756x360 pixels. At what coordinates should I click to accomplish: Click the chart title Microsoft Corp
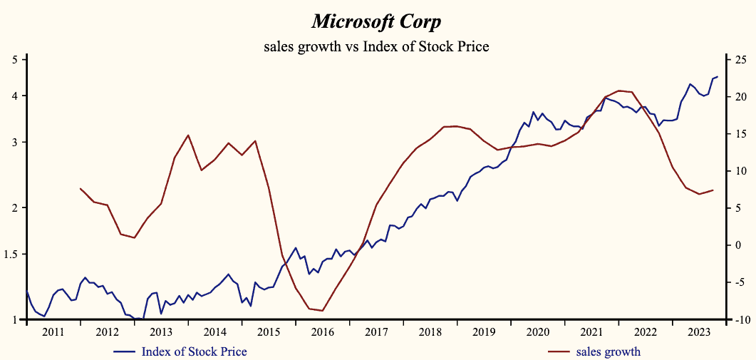377,21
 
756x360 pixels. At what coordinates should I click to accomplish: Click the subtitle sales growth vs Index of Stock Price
377,47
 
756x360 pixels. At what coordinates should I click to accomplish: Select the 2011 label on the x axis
53,332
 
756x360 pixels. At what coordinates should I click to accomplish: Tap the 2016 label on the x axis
322,332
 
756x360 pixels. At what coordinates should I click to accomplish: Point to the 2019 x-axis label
484,332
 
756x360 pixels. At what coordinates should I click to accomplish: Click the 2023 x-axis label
699,332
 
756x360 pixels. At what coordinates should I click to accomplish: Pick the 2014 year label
214,332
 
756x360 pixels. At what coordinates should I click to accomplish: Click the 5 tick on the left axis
14,60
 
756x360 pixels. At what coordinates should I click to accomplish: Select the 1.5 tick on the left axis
11,254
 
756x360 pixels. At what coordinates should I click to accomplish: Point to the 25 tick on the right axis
740,60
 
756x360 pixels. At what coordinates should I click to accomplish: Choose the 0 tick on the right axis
737,245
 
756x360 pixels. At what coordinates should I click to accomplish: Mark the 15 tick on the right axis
740,134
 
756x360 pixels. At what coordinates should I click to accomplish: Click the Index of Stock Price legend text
194,351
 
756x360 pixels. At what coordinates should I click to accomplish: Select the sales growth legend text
608,351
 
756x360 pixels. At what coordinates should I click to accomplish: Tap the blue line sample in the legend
125,351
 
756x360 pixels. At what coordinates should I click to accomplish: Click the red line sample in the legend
559,351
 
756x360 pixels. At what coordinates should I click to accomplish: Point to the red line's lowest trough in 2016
322,311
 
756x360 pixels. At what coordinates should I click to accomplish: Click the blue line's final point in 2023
717,76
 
